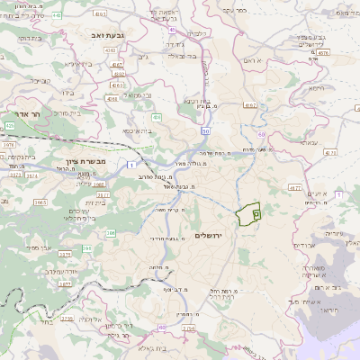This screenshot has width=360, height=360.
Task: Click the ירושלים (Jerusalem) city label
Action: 213,235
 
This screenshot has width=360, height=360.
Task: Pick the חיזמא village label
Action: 313,88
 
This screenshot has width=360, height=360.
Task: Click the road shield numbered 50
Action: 206,131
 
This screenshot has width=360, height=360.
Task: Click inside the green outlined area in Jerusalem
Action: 244,216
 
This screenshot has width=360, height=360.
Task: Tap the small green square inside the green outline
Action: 256,214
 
